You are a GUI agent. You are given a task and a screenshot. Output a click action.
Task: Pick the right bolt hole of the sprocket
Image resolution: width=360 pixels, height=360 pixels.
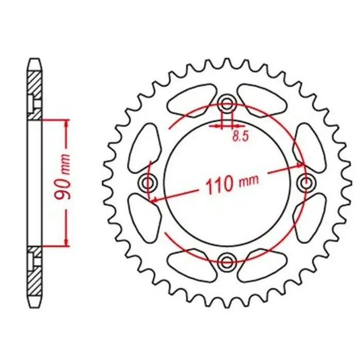[x=306, y=183]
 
